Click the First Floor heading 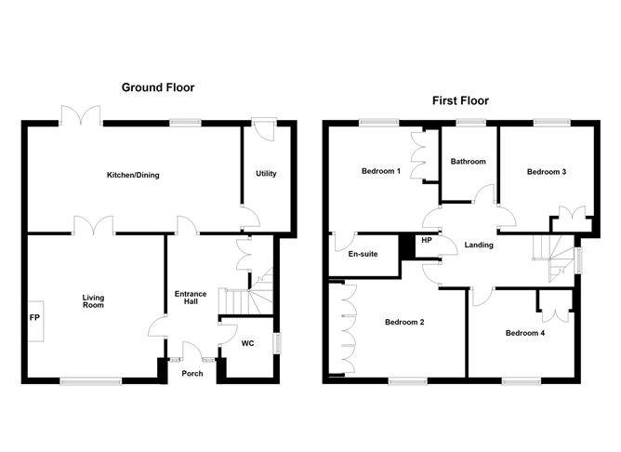[x=459, y=100]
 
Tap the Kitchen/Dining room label [x=133, y=175]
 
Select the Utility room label [x=267, y=174]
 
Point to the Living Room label [x=92, y=300]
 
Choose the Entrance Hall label [x=191, y=299]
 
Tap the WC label [x=247, y=343]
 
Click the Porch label [x=192, y=374]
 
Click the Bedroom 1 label [x=381, y=172]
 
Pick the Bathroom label [x=468, y=162]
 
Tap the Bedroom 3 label [x=547, y=172]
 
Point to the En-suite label [x=362, y=254]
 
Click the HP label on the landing [x=427, y=241]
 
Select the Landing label [x=478, y=246]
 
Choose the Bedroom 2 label [x=404, y=323]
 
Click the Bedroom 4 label [x=525, y=332]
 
